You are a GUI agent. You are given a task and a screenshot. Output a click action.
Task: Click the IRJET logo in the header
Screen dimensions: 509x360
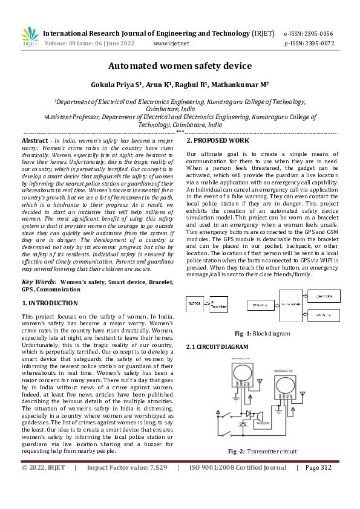click(x=30, y=37)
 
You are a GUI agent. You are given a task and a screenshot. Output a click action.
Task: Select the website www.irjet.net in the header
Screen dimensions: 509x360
click(x=171, y=44)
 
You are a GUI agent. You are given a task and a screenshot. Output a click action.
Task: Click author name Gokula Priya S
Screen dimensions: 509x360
click(x=115, y=85)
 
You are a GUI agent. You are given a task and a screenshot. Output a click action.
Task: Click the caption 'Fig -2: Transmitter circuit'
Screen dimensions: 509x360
click(x=262, y=452)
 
